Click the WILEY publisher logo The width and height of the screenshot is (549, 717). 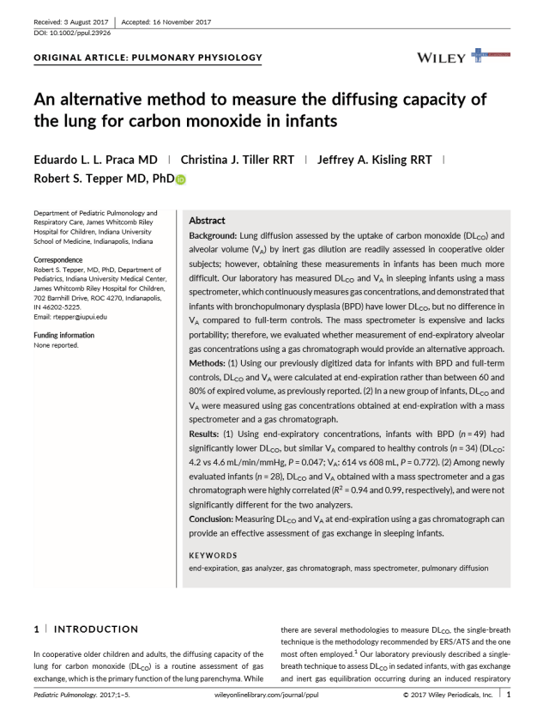442,58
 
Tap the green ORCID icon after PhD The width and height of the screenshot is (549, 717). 181,179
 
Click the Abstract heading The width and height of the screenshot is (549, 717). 207,221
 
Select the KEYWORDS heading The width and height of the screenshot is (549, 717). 214,555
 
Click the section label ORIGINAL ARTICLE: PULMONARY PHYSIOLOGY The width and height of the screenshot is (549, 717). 148,58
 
